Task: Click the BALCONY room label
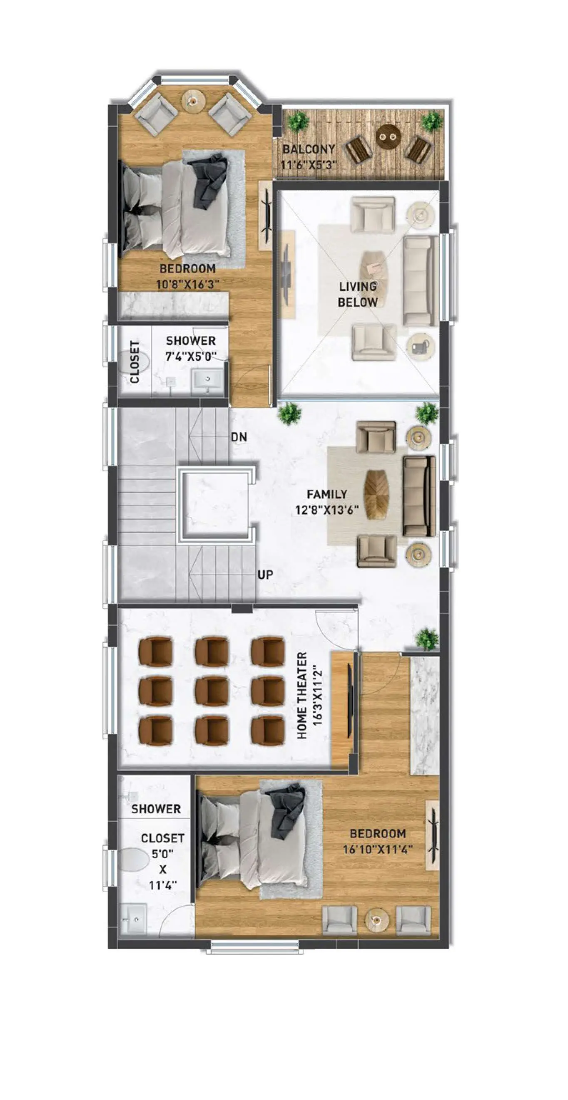[309, 149]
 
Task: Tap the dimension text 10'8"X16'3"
[188, 285]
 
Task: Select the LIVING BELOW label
[358, 294]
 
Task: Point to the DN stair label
[239, 437]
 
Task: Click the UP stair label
[265, 575]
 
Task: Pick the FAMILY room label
[327, 494]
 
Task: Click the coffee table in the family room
[376, 495]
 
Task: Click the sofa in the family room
[419, 496]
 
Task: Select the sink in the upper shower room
[208, 382]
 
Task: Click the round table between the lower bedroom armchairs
[377, 919]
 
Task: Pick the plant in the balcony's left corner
[297, 121]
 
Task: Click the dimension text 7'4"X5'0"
[191, 357]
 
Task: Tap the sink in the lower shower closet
[135, 919]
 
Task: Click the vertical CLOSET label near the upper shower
[135, 362]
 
